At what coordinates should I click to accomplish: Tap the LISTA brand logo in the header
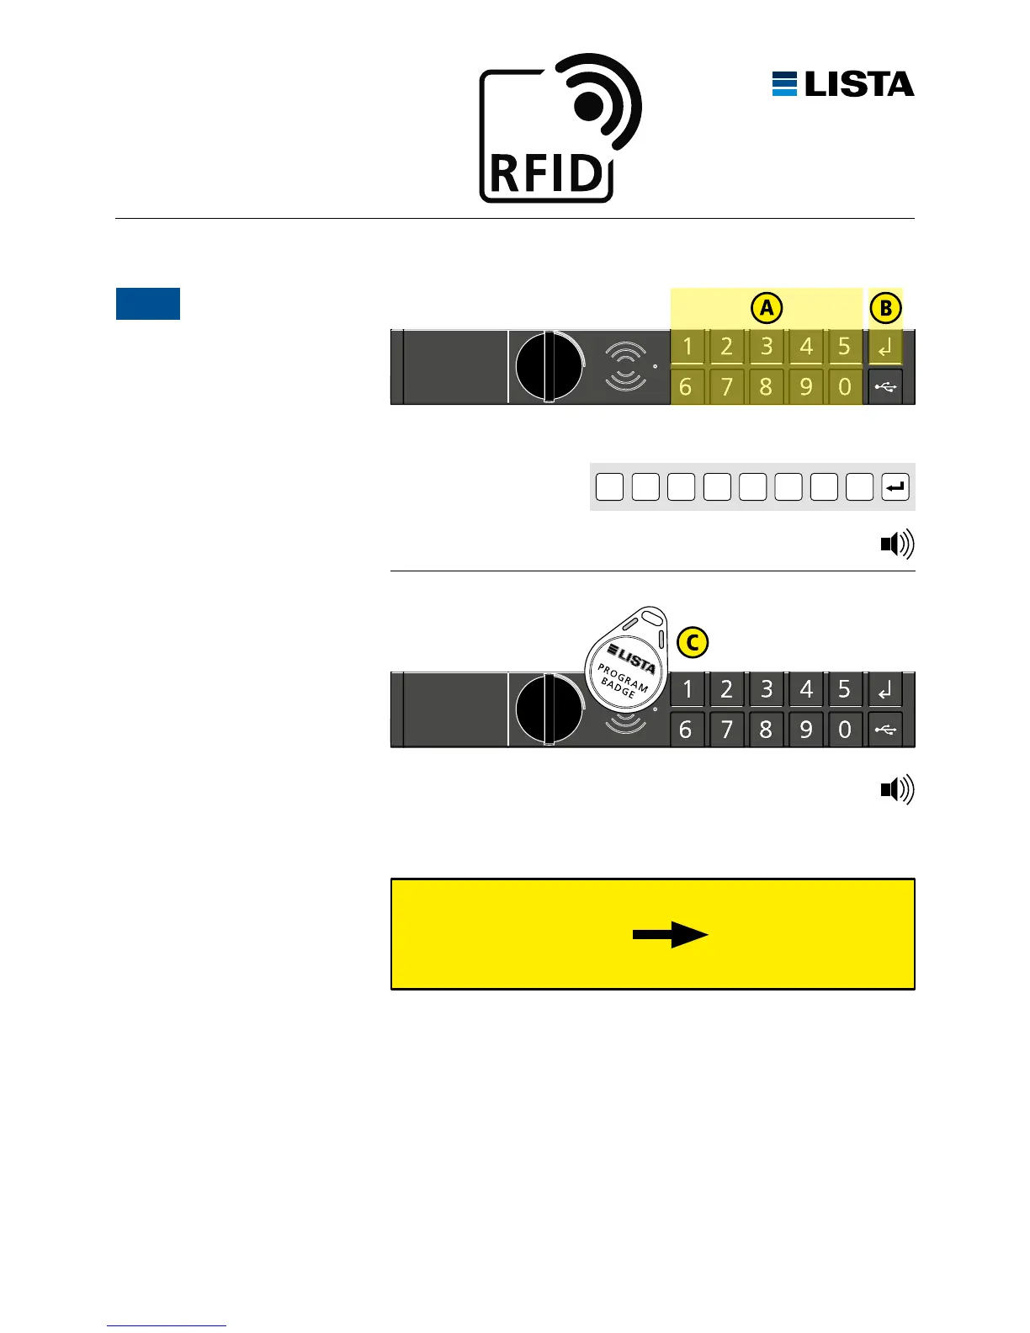pyautogui.click(x=843, y=84)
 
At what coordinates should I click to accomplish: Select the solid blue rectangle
pyautogui.click(x=148, y=304)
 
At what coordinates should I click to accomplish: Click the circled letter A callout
pyautogui.click(x=767, y=308)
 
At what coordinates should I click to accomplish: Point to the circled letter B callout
pyautogui.click(x=885, y=308)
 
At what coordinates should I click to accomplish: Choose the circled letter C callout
pyautogui.click(x=692, y=643)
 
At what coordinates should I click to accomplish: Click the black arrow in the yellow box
pyautogui.click(x=671, y=934)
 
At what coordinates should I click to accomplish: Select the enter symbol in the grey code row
pyautogui.click(x=895, y=486)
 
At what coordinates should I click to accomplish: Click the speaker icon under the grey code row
pyautogui.click(x=897, y=545)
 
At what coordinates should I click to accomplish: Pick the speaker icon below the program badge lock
pyautogui.click(x=897, y=790)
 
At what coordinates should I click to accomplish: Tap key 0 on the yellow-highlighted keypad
pyautogui.click(x=845, y=387)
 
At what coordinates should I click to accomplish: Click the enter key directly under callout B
pyautogui.click(x=885, y=347)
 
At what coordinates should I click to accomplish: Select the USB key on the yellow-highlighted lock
pyautogui.click(x=885, y=387)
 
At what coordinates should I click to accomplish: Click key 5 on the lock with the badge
pyautogui.click(x=845, y=689)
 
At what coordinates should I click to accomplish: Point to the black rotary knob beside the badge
pyautogui.click(x=548, y=709)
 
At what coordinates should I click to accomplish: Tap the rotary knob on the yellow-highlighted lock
pyautogui.click(x=548, y=367)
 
